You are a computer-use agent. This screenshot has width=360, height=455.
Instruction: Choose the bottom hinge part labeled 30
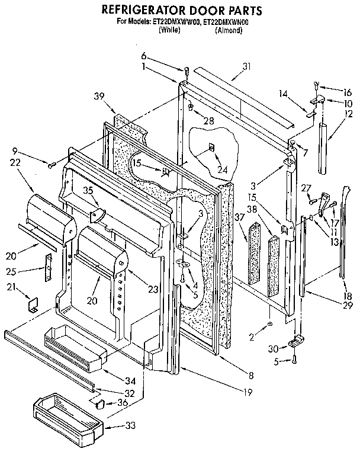tap(295, 342)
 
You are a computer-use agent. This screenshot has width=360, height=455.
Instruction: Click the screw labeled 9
tap(52, 161)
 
